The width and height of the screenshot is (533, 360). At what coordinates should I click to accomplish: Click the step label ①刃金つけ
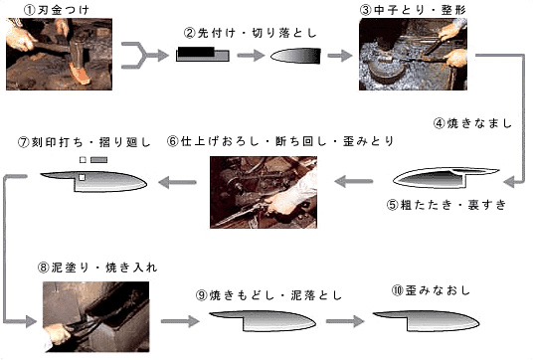click(57, 10)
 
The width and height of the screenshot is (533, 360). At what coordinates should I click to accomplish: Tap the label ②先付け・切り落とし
click(251, 33)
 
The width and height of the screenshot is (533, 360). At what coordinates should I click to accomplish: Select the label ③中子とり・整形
click(413, 10)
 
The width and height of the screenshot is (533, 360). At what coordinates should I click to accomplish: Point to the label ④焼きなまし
click(472, 123)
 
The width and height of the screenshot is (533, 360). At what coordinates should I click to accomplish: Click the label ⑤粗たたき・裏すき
click(446, 205)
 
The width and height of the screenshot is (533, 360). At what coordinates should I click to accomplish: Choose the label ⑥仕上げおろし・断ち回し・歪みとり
click(280, 141)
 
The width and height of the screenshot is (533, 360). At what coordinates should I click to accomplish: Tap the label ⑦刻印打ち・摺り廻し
click(84, 142)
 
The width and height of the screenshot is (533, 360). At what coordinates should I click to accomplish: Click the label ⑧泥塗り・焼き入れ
click(97, 268)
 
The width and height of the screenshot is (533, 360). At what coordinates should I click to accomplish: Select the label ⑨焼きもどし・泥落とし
click(268, 295)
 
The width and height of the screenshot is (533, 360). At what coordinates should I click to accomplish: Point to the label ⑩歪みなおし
click(431, 290)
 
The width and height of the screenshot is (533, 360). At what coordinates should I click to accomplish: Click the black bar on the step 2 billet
click(196, 52)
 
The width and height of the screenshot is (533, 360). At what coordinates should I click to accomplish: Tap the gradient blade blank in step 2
click(295, 56)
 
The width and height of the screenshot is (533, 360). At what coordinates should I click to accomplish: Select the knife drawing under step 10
click(427, 321)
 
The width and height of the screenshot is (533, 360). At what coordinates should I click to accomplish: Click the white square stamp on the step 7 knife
click(82, 177)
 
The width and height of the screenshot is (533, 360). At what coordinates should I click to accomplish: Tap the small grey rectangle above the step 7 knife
click(98, 160)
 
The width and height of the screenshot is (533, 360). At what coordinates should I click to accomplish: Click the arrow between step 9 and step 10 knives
click(345, 321)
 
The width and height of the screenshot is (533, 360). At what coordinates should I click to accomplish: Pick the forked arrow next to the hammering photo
click(145, 55)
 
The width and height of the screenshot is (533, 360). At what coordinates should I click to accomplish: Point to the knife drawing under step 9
click(263, 321)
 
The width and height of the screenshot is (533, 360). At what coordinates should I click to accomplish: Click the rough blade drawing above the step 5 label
click(445, 177)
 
